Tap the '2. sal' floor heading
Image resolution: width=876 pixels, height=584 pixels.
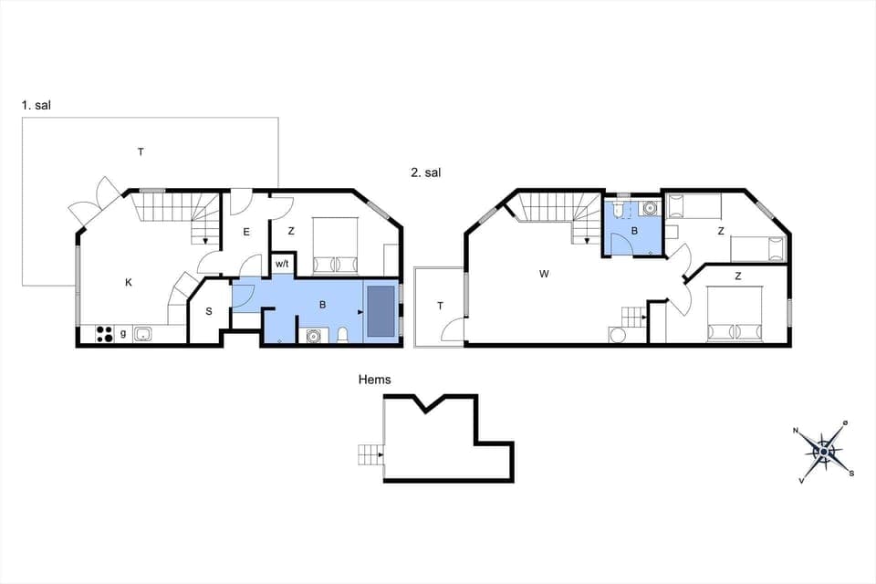click(425, 172)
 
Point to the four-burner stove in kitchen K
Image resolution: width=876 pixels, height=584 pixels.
click(104, 334)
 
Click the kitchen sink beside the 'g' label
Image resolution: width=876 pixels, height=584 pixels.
click(143, 334)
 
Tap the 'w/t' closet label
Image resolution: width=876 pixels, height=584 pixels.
click(282, 265)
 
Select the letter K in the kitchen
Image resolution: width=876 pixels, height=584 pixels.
click(129, 283)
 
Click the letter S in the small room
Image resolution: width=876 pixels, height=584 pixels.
click(208, 312)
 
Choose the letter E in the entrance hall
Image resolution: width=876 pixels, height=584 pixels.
click(246, 233)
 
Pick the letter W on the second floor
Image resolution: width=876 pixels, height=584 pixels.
click(545, 272)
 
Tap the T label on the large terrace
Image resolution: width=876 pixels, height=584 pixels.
click(141, 151)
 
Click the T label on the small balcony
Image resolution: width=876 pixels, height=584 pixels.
click(440, 306)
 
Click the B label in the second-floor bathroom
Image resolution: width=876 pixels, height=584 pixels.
click(635, 232)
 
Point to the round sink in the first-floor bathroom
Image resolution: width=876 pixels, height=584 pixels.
click(313, 335)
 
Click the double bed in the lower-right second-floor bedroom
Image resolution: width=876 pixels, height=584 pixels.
click(735, 312)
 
